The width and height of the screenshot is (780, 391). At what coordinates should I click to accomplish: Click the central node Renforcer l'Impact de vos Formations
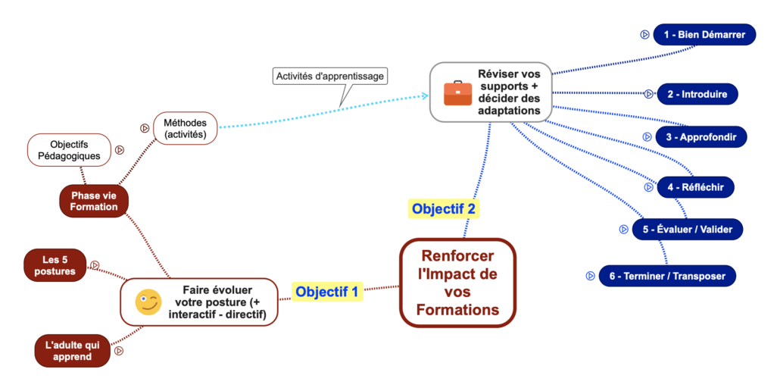pyautogui.click(x=457, y=283)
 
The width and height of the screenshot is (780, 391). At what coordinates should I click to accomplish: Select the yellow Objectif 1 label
pyautogui.click(x=327, y=291)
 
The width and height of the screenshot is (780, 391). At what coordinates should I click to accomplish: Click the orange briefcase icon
pyautogui.click(x=457, y=92)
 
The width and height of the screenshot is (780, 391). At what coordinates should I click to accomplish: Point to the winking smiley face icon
pyautogui.click(x=148, y=302)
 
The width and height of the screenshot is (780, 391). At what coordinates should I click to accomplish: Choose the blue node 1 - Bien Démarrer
pyautogui.click(x=704, y=34)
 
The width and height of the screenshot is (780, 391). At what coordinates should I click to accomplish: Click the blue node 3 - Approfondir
pyautogui.click(x=701, y=137)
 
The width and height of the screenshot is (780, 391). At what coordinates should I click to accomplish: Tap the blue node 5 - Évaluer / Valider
pyautogui.click(x=688, y=229)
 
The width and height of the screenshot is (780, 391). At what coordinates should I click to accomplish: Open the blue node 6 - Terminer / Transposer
pyautogui.click(x=667, y=276)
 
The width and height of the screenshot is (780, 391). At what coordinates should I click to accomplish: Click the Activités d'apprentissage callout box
pyautogui.click(x=330, y=76)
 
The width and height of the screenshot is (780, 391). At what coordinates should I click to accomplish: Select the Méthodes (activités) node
pyautogui.click(x=186, y=128)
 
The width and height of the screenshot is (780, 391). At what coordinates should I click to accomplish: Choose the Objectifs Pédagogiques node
pyautogui.click(x=70, y=150)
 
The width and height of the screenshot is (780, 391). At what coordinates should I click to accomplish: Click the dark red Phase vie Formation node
pyautogui.click(x=94, y=201)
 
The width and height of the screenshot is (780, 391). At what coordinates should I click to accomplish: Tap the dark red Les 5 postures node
pyautogui.click(x=55, y=265)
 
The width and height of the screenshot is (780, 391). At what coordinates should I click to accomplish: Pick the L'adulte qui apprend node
pyautogui.click(x=73, y=350)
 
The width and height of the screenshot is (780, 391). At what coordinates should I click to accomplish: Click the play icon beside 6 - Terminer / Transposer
pyautogui.click(x=590, y=276)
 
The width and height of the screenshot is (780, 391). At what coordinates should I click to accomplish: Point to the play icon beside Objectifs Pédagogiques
pyautogui.click(x=120, y=150)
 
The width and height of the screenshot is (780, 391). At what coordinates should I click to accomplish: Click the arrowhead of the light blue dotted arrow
pyautogui.click(x=425, y=96)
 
